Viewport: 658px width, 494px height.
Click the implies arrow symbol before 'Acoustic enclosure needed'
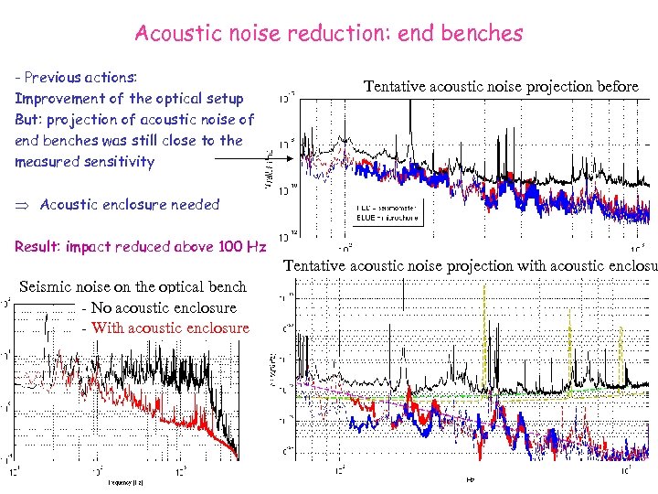coord(22,205)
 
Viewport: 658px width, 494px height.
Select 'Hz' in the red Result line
coord(256,246)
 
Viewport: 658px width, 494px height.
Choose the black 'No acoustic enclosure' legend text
coord(164,308)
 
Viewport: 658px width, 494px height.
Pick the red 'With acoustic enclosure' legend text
coord(170,328)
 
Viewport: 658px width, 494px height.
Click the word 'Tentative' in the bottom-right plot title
coord(320,266)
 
